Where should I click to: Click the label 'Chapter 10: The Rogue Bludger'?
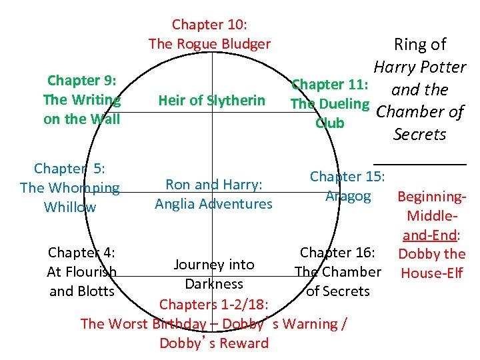209,35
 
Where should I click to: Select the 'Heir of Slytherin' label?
211,101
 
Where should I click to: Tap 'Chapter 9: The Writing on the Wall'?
81,100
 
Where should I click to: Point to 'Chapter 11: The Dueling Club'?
330,104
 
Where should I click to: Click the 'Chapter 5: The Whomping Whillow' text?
70,188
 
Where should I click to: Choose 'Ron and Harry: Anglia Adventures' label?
213,194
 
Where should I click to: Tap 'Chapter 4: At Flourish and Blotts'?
81,272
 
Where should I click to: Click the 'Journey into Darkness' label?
214,274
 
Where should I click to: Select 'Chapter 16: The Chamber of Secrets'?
338,271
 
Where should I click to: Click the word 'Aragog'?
348,196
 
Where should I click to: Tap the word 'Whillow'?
70,207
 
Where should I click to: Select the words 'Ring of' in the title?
420,45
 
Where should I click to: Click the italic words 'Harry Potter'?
419,67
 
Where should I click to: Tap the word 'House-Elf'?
432,273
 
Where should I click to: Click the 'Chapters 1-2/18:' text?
213,305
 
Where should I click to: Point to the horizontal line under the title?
419,163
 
